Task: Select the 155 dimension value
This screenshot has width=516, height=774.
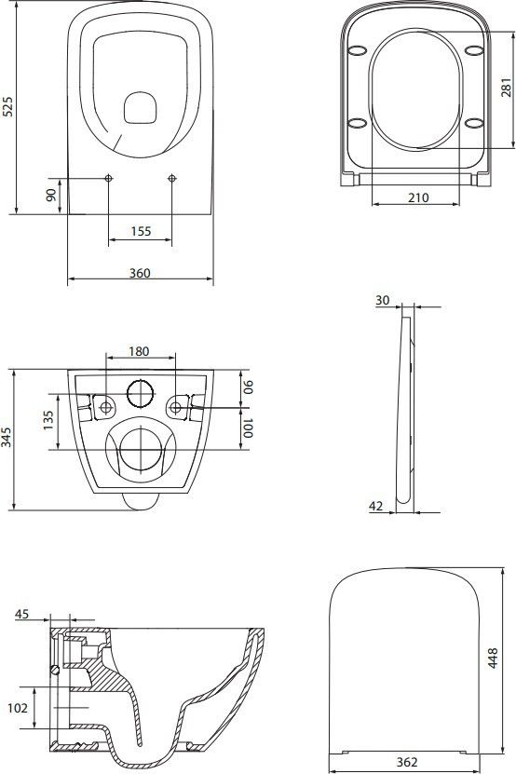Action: coord(142,231)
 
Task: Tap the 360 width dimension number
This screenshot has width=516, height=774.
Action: coord(140,273)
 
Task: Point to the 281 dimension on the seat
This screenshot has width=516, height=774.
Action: coord(507,87)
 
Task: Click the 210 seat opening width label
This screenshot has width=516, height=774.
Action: coord(418,197)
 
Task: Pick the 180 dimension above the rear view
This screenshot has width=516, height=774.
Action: coord(139,351)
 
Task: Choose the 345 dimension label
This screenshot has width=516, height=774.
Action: coord(7,438)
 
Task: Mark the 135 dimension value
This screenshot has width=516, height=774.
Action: coord(48,420)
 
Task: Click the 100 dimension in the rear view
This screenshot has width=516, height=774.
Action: coord(248,428)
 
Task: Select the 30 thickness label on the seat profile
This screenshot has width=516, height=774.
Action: coord(382,300)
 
